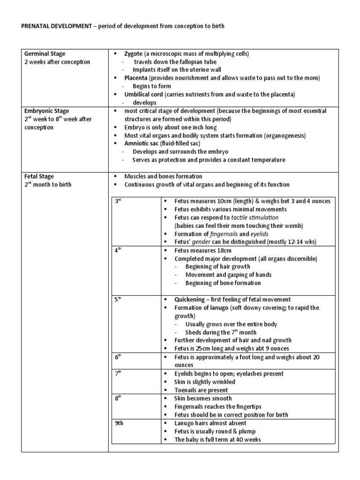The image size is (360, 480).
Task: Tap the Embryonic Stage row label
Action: [x=45, y=111]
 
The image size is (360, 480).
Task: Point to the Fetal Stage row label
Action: [x=38, y=176]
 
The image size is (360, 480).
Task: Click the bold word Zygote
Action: [x=134, y=53]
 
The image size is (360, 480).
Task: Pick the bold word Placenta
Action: [x=136, y=78]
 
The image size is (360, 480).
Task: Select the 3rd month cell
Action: [x=119, y=201]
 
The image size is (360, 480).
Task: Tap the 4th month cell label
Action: [x=119, y=250]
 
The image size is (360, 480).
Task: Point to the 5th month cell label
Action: [x=119, y=300]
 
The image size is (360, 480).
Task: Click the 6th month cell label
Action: [x=119, y=357]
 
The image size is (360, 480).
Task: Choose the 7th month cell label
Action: [x=119, y=374]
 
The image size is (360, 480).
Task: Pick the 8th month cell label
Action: [x=119, y=398]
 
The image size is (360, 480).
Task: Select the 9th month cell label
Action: [x=120, y=423]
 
